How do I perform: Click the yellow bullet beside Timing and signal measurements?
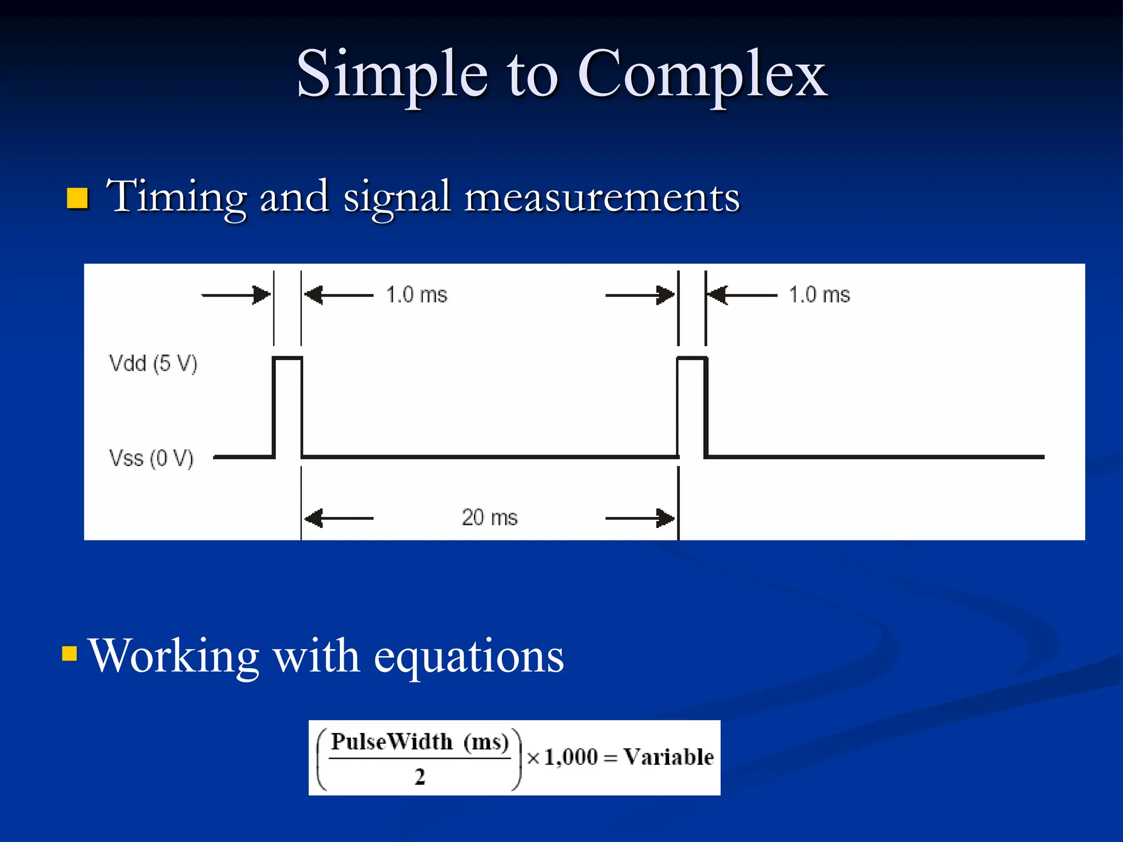click(77, 198)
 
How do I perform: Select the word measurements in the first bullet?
click(602, 197)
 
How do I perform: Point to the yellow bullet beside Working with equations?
click(70, 653)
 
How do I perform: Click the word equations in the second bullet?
click(469, 657)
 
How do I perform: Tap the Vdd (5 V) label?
click(153, 363)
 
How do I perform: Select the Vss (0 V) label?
click(151, 458)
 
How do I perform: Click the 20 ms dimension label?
click(490, 517)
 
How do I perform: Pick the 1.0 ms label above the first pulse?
click(417, 295)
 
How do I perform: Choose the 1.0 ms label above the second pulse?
click(819, 295)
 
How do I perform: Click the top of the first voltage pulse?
click(287, 359)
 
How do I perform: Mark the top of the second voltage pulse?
click(692, 359)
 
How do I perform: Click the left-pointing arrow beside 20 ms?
click(339, 518)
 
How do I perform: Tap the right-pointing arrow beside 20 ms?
click(640, 518)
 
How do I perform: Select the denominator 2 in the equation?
click(419, 777)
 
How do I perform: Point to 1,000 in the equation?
click(571, 758)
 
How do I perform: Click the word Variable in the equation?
click(668, 757)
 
